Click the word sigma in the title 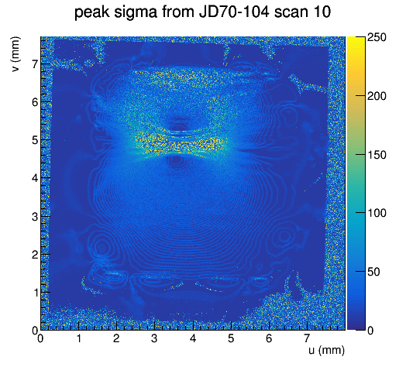coord(136,12)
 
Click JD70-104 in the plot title coord(234,12)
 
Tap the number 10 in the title coord(322,12)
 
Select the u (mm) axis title coord(326,350)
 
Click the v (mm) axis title coord(15,54)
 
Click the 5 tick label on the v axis coord(35,140)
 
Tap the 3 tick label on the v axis coord(35,216)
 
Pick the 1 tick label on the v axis coord(35,293)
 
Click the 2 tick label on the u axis coord(116,338)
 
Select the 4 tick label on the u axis coord(193,338)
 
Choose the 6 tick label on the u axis coord(269,338)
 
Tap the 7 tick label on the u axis coord(307,338)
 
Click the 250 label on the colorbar coord(377,37)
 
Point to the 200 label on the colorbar coord(377,96)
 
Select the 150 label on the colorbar coord(377,155)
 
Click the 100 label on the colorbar coord(377,213)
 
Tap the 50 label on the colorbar coord(373,272)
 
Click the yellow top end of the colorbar coord(356,38)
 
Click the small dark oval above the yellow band coord(180,126)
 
